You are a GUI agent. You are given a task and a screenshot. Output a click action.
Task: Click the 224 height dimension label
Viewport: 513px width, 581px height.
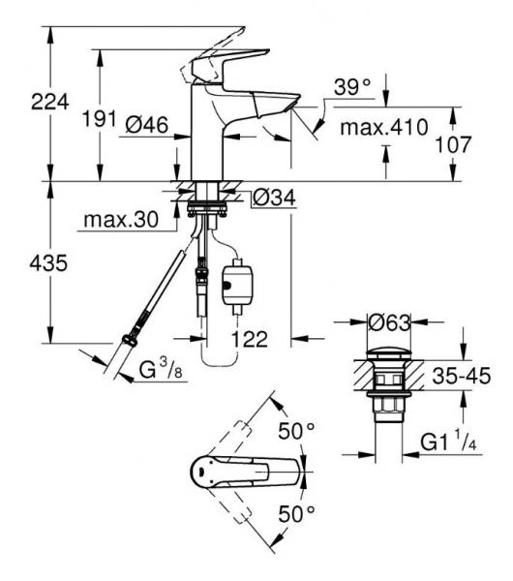coord(50,102)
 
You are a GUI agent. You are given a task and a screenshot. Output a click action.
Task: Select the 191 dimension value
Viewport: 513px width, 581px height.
coord(100,118)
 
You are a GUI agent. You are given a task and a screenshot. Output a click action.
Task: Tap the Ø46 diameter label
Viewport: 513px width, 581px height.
coord(147,125)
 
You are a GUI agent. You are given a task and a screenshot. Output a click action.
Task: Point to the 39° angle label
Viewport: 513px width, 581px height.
coord(352,87)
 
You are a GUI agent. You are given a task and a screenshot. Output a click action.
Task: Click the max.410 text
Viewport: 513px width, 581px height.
coord(384,127)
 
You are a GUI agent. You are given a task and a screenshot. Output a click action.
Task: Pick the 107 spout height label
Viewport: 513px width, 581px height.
coord(453,144)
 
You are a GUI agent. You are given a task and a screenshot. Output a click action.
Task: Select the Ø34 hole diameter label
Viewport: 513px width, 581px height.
coord(274,198)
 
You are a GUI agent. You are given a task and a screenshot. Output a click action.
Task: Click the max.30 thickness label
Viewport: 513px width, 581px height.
coord(121,220)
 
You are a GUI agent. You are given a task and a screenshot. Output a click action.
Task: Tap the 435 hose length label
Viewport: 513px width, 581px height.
coord(48,263)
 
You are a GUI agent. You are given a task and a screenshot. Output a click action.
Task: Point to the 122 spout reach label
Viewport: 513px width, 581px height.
coord(250,339)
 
